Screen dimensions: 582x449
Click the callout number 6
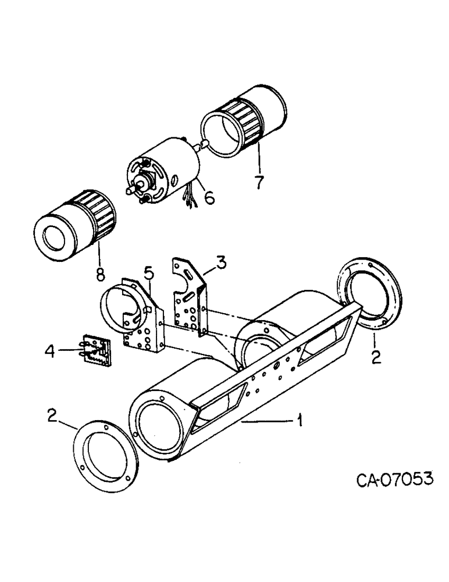click(x=208, y=198)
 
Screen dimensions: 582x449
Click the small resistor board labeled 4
click(x=96, y=352)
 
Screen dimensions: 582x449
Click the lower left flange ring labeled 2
click(x=105, y=460)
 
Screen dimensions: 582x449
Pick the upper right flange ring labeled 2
click(x=369, y=294)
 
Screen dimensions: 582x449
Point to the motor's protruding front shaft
click(x=131, y=191)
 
